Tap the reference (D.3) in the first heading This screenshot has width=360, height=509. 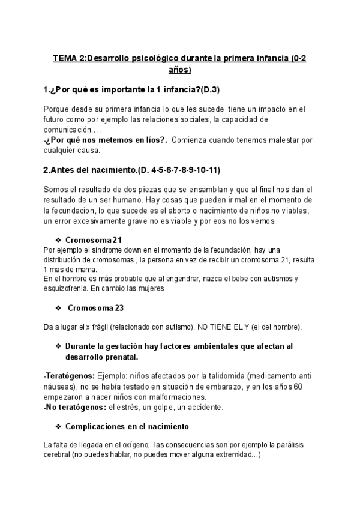(x=208, y=90)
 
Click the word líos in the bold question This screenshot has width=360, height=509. (x=147, y=140)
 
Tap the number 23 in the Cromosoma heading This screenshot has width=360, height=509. (x=118, y=308)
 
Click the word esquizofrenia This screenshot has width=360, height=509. (x=67, y=288)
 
